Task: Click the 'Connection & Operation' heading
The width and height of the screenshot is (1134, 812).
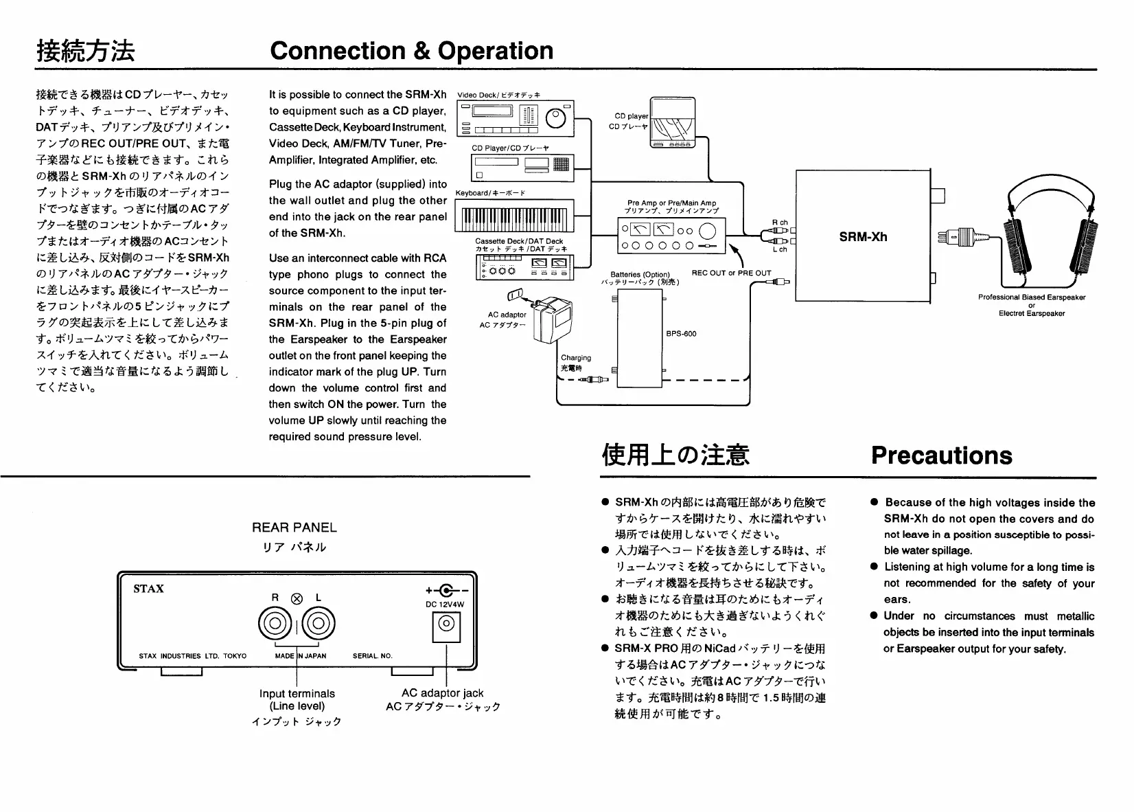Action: (411, 51)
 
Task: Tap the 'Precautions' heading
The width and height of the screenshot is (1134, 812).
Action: (941, 455)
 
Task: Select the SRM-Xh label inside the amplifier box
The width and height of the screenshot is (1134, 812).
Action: (863, 237)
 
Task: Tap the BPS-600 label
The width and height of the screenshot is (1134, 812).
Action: (681, 334)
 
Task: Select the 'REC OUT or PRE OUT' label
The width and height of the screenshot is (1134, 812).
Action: (731, 273)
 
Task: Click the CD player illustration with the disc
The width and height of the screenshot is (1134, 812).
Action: (672, 123)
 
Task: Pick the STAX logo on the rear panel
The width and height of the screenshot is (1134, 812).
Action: (148, 589)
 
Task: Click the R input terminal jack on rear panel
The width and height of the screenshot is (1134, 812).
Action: (274, 624)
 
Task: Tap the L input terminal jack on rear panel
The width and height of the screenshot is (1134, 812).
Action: (319, 624)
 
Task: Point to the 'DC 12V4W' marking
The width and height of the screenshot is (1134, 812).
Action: (445, 605)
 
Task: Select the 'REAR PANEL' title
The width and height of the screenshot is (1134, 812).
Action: (294, 528)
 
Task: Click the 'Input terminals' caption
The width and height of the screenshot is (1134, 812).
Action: (297, 694)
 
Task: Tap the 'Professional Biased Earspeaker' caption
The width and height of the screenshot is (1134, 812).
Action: (1031, 297)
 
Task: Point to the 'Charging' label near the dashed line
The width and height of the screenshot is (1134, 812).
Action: (575, 358)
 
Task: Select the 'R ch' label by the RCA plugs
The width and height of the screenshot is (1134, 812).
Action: (780, 223)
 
